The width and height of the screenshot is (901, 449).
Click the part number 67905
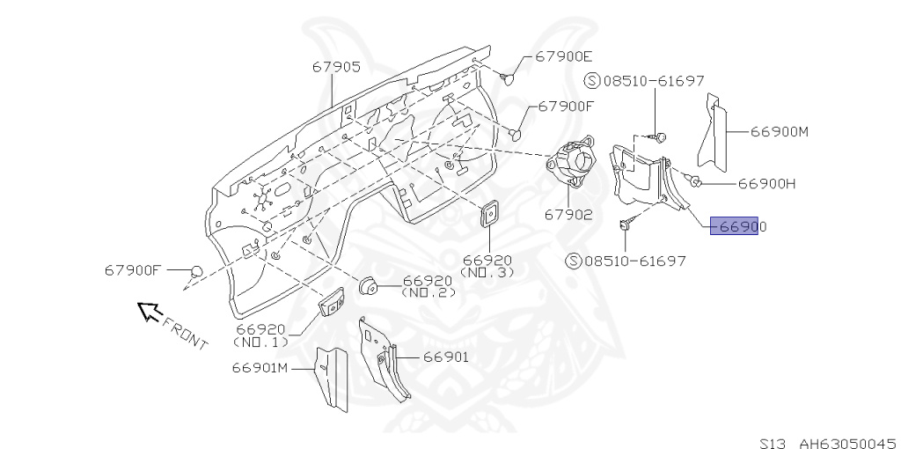[334, 66]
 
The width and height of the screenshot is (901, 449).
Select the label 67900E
[563, 56]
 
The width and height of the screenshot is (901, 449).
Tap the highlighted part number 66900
[737, 226]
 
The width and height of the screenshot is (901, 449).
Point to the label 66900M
[780, 132]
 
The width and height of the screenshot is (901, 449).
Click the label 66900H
[766, 184]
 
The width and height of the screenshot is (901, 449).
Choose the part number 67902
[568, 213]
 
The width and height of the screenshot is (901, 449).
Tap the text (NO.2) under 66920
[429, 292]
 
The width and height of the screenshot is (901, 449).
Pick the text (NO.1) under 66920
[260, 340]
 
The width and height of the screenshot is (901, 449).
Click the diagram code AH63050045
[846, 443]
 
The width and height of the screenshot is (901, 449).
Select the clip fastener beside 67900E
[508, 79]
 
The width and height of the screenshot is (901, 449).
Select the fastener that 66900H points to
[695, 182]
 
